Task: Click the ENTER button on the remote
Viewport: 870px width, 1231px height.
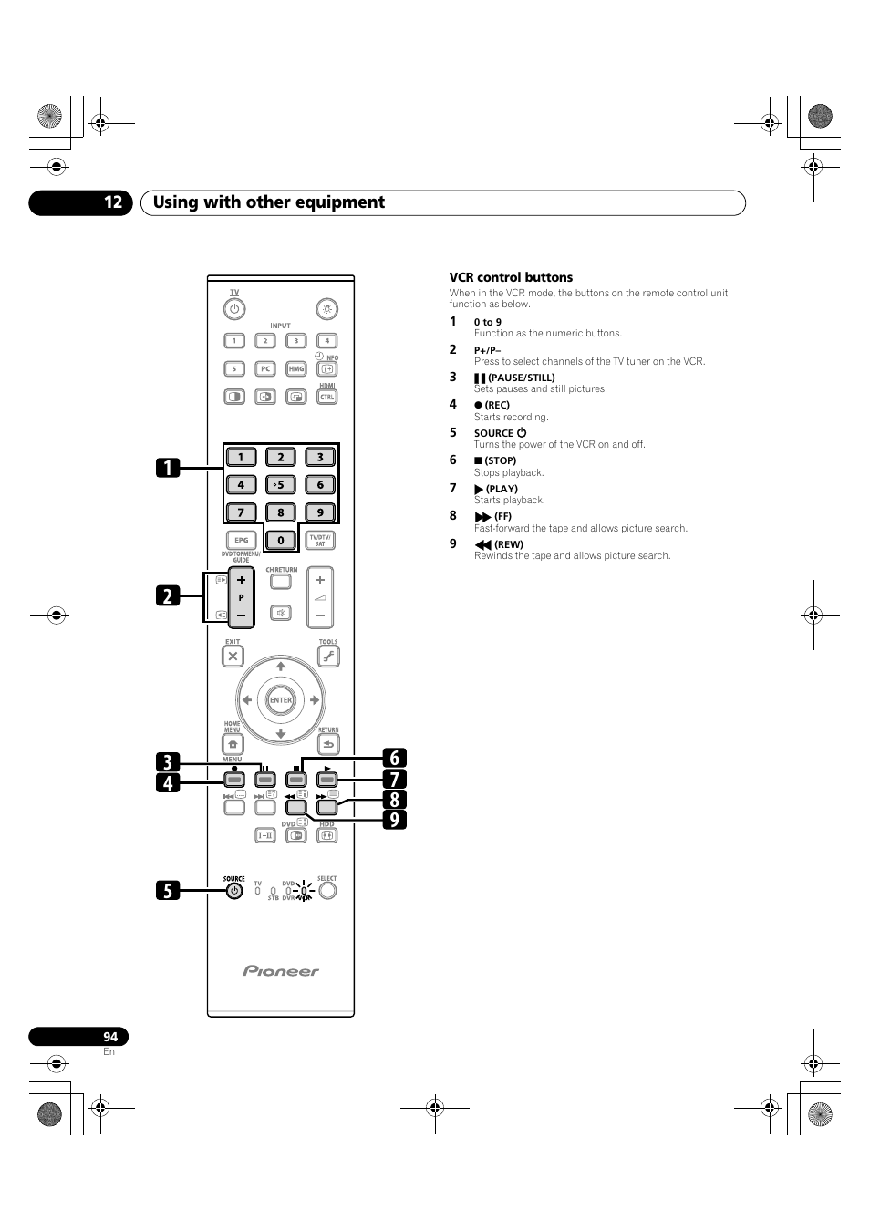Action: (x=280, y=700)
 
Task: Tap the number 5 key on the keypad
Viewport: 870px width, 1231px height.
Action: (x=281, y=484)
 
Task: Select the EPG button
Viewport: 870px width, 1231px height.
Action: (x=241, y=541)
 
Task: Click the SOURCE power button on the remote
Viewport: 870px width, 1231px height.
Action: (x=234, y=891)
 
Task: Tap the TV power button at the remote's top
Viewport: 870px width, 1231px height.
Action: (x=234, y=309)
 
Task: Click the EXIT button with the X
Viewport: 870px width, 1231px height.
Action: (x=233, y=656)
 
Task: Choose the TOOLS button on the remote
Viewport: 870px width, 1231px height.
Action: (x=328, y=656)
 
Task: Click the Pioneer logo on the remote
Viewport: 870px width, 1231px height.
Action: (x=281, y=971)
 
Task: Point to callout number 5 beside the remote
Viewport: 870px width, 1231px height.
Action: (x=167, y=890)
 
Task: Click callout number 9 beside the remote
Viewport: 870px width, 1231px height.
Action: (x=395, y=819)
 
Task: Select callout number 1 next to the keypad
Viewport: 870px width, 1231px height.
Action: (x=167, y=468)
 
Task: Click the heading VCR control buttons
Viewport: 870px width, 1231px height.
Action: (x=511, y=277)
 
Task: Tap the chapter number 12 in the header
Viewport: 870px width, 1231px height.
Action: (x=112, y=202)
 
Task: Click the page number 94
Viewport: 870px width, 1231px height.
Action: (x=110, y=1037)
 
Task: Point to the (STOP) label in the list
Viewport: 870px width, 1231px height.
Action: (x=501, y=460)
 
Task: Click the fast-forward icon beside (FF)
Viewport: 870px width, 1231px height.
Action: (x=482, y=517)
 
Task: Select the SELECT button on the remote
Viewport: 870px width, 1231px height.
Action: (x=327, y=891)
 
